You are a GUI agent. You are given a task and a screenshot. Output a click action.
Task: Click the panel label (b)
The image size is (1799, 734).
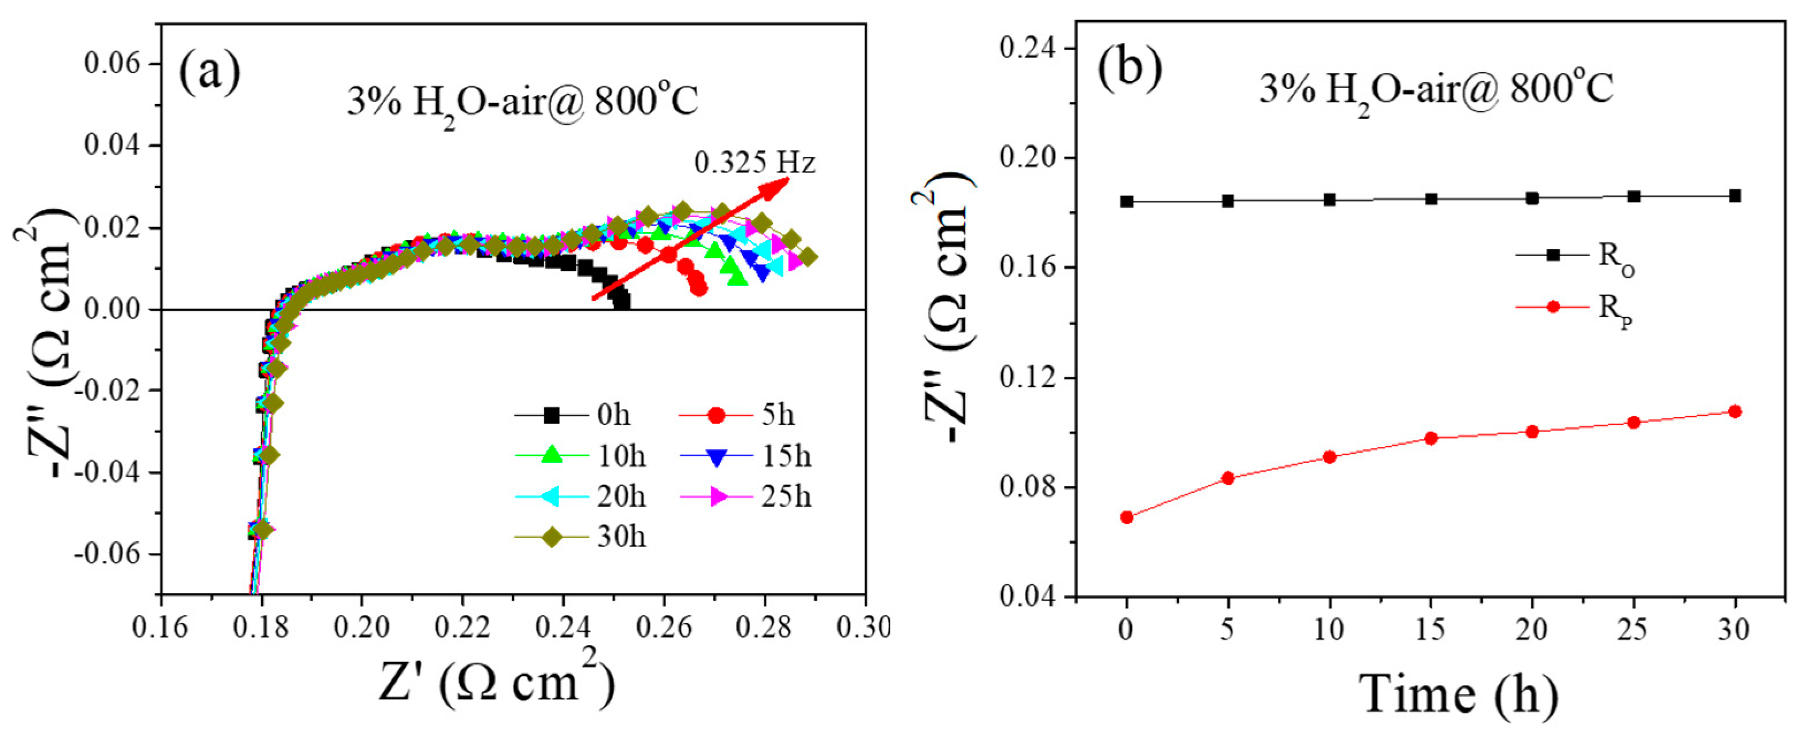(x=1130, y=69)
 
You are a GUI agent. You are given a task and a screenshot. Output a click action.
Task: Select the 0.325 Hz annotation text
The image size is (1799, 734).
(x=754, y=163)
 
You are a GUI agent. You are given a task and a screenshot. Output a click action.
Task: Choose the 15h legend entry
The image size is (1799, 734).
(x=744, y=456)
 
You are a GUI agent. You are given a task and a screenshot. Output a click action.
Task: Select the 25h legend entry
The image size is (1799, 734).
(x=744, y=496)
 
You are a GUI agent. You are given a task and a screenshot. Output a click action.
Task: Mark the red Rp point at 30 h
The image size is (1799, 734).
(x=1735, y=411)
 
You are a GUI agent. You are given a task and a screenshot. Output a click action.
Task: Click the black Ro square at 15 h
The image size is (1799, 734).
(x=1431, y=199)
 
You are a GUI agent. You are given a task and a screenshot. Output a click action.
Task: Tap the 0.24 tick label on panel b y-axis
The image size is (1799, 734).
(x=1027, y=49)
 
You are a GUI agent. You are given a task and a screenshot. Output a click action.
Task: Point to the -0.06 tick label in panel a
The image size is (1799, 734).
(x=115, y=555)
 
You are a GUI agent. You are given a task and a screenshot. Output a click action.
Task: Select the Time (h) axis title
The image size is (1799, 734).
(x=1459, y=695)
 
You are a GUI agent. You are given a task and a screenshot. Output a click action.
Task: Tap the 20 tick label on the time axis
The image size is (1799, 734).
(x=1532, y=630)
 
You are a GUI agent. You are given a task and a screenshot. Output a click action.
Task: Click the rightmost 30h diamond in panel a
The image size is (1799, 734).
(x=808, y=257)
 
